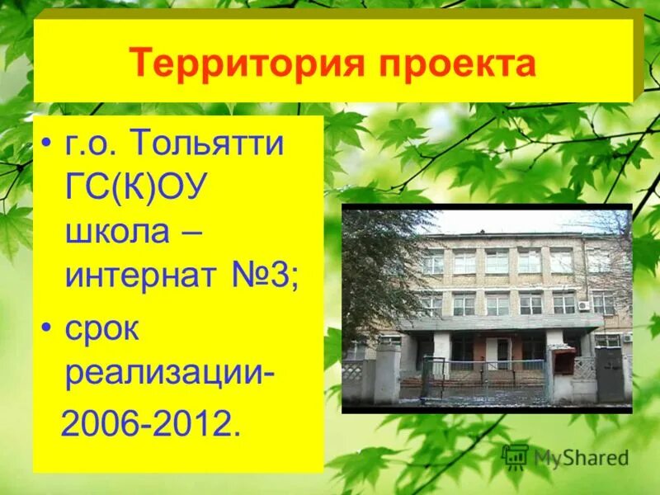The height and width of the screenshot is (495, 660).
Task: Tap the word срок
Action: (x=102, y=330)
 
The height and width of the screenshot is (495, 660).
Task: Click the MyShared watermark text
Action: (x=581, y=458)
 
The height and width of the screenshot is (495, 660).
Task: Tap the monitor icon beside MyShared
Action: (x=515, y=456)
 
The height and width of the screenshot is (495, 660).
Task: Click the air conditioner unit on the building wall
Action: (x=583, y=305)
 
